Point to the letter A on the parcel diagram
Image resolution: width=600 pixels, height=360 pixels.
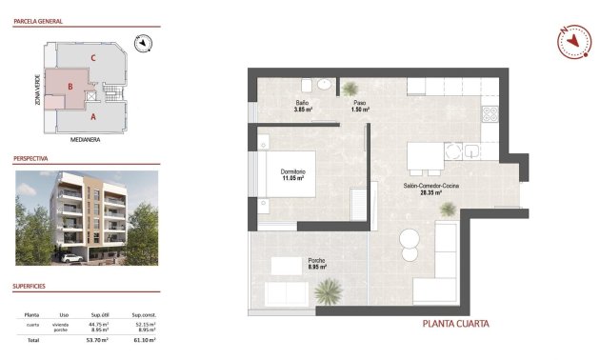93,118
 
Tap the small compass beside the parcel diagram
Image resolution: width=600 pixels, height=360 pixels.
142,42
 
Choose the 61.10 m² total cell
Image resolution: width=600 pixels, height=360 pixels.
144,340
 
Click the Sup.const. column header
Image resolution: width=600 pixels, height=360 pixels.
144,313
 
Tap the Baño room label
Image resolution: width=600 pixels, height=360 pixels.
302,102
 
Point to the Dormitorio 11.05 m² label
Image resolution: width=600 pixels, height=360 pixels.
292,174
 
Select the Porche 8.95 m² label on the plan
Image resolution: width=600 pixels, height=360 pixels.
317,263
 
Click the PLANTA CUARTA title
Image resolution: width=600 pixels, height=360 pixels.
456,324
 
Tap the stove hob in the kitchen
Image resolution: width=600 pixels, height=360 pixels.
491,116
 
